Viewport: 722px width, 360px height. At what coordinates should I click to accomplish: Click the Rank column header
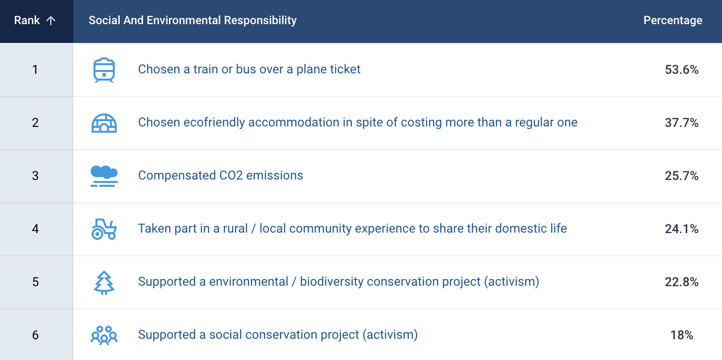coord(27,20)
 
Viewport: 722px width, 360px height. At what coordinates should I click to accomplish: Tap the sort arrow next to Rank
coord(51,21)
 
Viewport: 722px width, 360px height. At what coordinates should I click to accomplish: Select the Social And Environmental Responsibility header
coord(193,20)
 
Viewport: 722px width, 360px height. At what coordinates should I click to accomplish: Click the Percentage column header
coord(673,20)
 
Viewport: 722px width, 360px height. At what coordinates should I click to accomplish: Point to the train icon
coord(104,70)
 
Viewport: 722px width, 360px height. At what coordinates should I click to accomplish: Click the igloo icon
coord(104,123)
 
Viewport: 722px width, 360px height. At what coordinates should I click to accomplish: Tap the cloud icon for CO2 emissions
coord(104,176)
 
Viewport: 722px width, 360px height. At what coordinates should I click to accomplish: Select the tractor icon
coord(104,229)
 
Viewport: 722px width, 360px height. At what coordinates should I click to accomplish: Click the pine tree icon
coord(104,282)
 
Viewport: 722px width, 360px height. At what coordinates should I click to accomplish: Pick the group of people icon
coord(104,335)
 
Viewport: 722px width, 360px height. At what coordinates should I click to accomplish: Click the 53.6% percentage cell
coord(681,69)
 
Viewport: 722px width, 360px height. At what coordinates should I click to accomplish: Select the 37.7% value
coord(681,123)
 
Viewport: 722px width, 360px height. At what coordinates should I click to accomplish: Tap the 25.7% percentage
coord(681,176)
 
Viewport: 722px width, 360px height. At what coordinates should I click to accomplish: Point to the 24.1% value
coord(681,229)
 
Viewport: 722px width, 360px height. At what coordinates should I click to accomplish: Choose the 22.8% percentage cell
coord(681,282)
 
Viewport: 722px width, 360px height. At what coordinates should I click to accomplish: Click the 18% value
coord(681,335)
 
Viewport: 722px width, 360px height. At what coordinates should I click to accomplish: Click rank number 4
coord(35,229)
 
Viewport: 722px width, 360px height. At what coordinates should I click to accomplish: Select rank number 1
coord(35,69)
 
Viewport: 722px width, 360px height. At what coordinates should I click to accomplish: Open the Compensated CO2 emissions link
coord(221,175)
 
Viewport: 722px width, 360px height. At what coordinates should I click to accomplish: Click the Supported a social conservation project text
coord(278,335)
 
